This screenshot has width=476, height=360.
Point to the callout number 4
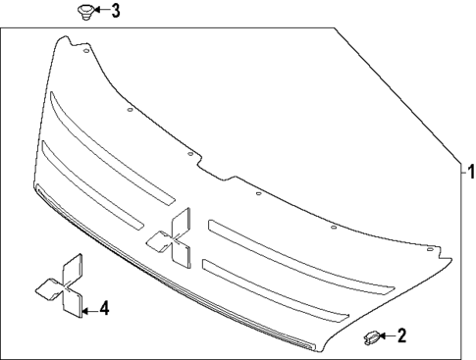[x=105, y=309]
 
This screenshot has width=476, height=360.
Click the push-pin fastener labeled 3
[x=85, y=13]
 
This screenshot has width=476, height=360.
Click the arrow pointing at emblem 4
[x=89, y=310]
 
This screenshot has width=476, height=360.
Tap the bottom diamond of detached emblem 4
[x=71, y=306]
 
